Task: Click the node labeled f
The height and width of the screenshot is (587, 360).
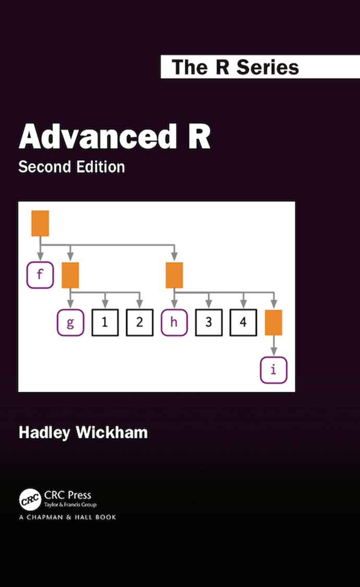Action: pyautogui.click(x=40, y=275)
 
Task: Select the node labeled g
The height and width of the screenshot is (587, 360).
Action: pyautogui.click(x=70, y=322)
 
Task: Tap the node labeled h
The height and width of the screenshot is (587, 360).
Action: pyautogui.click(x=174, y=322)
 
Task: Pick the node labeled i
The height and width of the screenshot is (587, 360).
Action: pyautogui.click(x=273, y=370)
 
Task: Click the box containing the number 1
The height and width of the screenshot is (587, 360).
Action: pyautogui.click(x=105, y=322)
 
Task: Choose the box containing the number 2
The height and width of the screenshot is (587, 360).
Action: pyautogui.click(x=139, y=322)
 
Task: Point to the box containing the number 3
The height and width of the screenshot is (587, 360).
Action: pyautogui.click(x=209, y=322)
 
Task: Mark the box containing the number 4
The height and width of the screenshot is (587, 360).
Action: pyautogui.click(x=243, y=322)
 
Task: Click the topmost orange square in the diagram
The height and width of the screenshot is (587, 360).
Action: pyautogui.click(x=40, y=223)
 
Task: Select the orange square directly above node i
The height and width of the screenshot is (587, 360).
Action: pyautogui.click(x=273, y=322)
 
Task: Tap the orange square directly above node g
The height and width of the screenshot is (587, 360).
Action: pyautogui.click(x=70, y=275)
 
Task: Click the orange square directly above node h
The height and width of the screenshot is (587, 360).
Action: pyautogui.click(x=174, y=275)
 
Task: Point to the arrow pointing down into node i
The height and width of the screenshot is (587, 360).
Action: pyautogui.click(x=273, y=346)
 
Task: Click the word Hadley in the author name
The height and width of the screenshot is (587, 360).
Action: pyautogui.click(x=44, y=433)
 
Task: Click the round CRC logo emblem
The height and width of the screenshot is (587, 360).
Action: pyautogui.click(x=30, y=500)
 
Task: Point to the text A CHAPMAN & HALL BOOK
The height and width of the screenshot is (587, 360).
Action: pyautogui.click(x=67, y=517)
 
